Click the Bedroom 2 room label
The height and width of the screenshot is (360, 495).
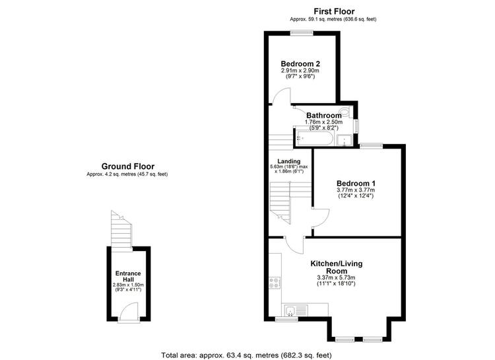[300, 63]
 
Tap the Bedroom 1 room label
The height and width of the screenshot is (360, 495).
[356, 184]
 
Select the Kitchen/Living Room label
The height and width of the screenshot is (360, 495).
[337, 267]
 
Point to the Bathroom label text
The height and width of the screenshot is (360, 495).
[324, 116]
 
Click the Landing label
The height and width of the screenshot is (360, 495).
[289, 161]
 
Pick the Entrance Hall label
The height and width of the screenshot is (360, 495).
[128, 276]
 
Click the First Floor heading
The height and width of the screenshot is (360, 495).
[333, 11]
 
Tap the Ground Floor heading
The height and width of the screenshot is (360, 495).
[128, 166]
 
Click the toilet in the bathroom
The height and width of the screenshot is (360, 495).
[346, 111]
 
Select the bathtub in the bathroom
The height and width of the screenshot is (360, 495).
[313, 139]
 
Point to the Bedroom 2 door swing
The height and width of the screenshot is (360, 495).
[282, 96]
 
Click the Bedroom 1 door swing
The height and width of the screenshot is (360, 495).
[321, 218]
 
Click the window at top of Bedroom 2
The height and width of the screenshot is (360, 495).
[302, 33]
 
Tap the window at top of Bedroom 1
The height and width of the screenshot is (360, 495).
[371, 146]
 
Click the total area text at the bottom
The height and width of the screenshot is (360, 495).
[247, 355]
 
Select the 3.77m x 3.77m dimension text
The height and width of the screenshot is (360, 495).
[356, 190]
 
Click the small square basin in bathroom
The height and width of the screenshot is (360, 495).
[344, 140]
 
